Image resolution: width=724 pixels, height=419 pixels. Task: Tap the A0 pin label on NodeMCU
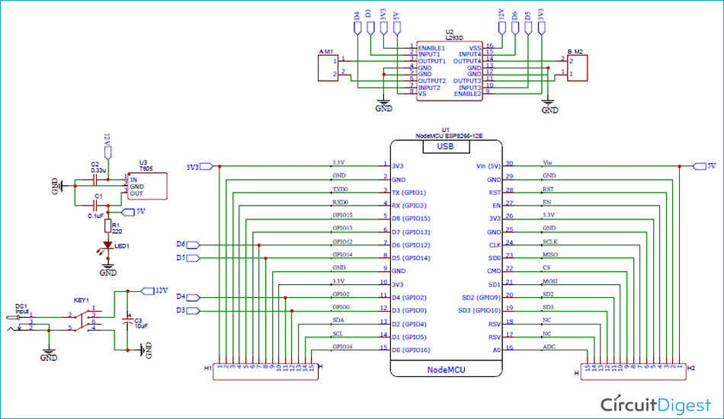pos(496,350)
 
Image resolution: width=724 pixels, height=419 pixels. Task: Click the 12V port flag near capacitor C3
pos(157,290)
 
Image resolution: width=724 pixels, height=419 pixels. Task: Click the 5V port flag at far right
pos(704,165)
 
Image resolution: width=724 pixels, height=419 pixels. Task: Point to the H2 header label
pos(690,367)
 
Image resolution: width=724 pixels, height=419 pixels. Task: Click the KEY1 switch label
pos(81,300)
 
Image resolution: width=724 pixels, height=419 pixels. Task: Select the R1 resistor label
pos(116,225)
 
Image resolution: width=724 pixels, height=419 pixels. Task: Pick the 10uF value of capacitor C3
pos(139,325)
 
